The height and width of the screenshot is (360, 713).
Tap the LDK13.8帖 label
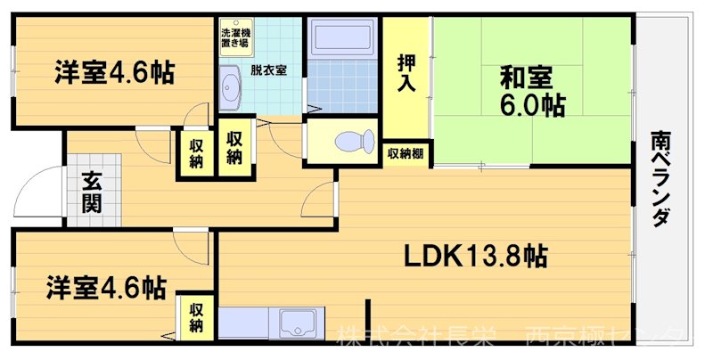coord(476,257)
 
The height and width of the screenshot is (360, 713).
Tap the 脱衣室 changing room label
coord(267,70)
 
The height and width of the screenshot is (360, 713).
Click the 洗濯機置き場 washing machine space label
coord(235,37)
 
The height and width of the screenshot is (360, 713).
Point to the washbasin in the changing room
coord(232,89)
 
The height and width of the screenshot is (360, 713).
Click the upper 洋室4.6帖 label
coord(112,71)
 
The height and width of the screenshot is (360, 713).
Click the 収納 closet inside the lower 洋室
coord(196,317)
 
